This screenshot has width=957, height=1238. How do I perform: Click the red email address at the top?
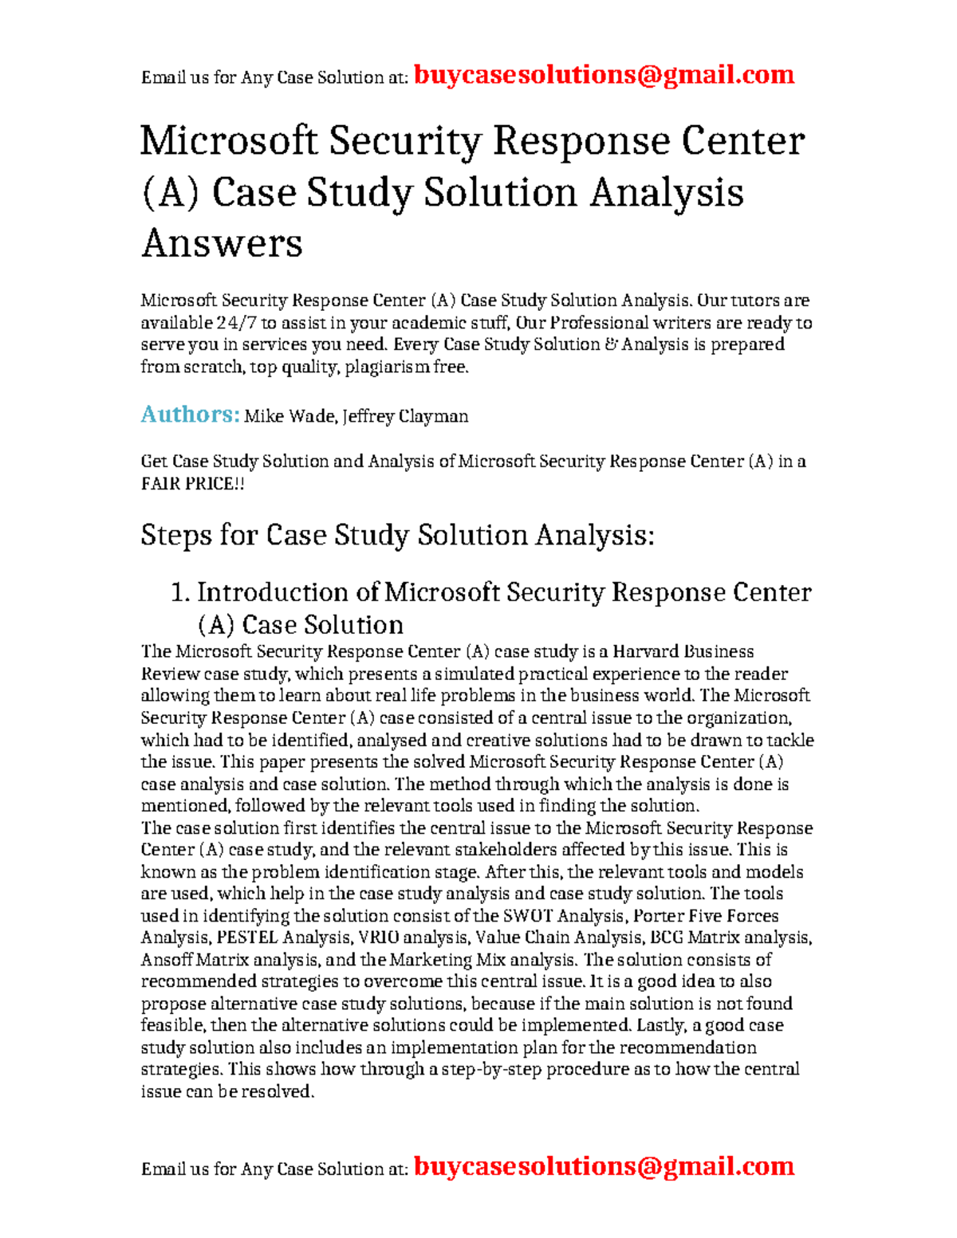(x=604, y=75)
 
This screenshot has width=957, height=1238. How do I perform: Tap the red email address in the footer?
(x=604, y=1166)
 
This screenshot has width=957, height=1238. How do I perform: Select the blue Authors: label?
(x=190, y=415)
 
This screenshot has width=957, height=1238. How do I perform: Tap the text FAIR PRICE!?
(x=192, y=484)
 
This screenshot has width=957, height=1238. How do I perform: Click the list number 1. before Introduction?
(x=180, y=592)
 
